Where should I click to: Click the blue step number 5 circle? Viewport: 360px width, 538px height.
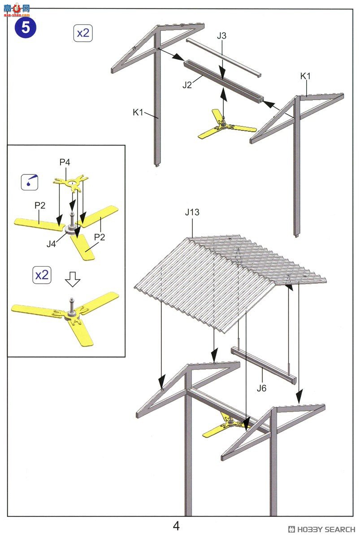pyautogui.click(x=26, y=28)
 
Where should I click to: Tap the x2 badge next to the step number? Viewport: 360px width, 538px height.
pyautogui.click(x=83, y=33)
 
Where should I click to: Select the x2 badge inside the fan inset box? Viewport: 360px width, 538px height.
pyautogui.click(x=42, y=275)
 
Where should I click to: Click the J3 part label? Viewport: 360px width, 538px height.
pyautogui.click(x=221, y=36)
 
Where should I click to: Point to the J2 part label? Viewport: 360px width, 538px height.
pyautogui.click(x=187, y=85)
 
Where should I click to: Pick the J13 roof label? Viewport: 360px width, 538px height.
pyautogui.click(x=192, y=212)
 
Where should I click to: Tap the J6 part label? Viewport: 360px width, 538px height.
pyautogui.click(x=261, y=388)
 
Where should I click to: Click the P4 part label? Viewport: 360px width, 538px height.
pyautogui.click(x=65, y=162)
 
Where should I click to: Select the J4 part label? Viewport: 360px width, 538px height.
pyautogui.click(x=51, y=244)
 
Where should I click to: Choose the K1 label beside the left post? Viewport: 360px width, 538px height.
pyautogui.click(x=138, y=112)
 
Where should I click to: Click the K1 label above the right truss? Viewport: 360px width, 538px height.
pyautogui.click(x=305, y=76)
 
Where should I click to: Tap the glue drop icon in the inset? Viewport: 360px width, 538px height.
pyautogui.click(x=30, y=182)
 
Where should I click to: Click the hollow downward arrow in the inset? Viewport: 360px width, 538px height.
pyautogui.click(x=73, y=280)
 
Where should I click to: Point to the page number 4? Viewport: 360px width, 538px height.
pyautogui.click(x=176, y=526)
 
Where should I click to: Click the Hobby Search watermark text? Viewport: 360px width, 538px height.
pyautogui.click(x=322, y=529)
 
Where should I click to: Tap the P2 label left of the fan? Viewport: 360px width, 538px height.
pyautogui.click(x=40, y=206)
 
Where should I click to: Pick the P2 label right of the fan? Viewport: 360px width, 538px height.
pyautogui.click(x=100, y=237)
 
